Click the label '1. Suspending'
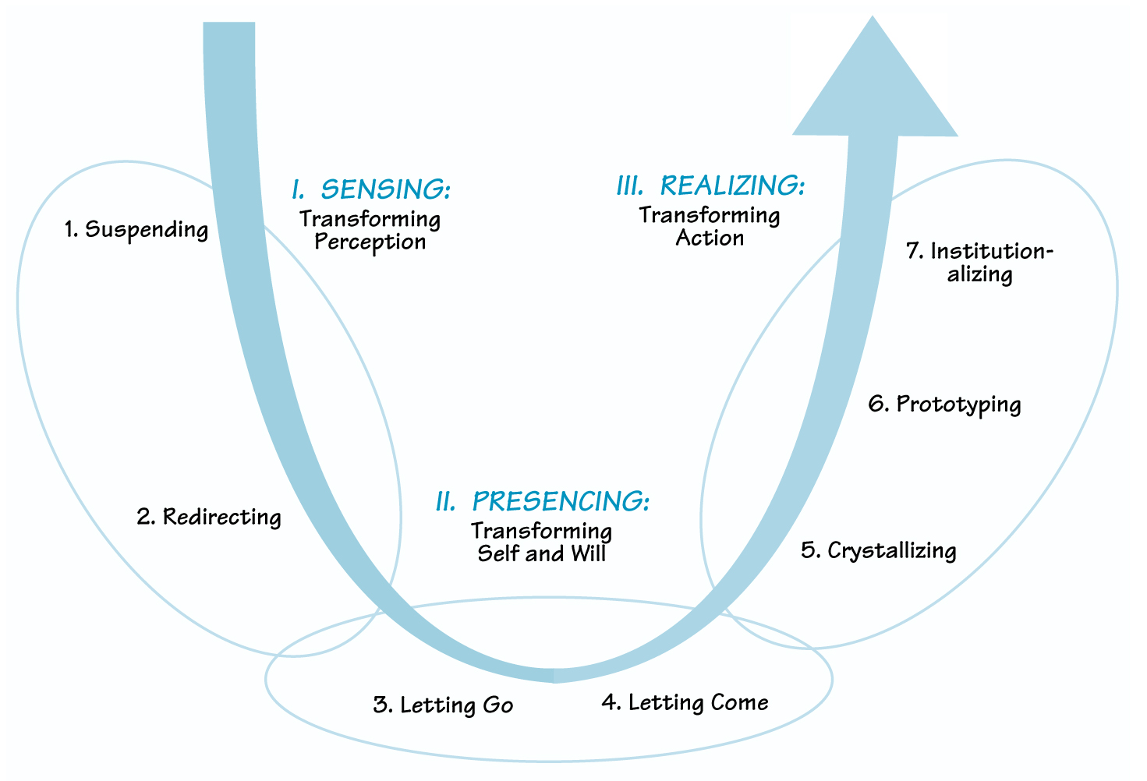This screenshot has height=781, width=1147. pyautogui.click(x=136, y=230)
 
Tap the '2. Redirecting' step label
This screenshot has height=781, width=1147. pyautogui.click(x=209, y=517)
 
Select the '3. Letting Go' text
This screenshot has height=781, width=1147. pyautogui.click(x=443, y=705)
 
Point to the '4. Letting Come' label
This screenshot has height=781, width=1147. pyautogui.click(x=685, y=703)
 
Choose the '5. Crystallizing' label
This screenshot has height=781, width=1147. pyautogui.click(x=878, y=550)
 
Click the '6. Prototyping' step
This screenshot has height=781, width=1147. pyautogui.click(x=944, y=405)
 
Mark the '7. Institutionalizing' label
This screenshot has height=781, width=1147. pyautogui.click(x=979, y=263)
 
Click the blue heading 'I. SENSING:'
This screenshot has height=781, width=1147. pyautogui.click(x=371, y=189)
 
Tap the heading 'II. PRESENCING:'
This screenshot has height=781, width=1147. pyautogui.click(x=542, y=501)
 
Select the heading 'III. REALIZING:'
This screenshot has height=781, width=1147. pyautogui.click(x=710, y=186)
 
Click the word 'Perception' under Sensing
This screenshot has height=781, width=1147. pyautogui.click(x=370, y=242)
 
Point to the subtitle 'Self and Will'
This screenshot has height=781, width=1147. pyautogui.click(x=541, y=553)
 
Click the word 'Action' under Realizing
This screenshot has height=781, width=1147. pyautogui.click(x=710, y=238)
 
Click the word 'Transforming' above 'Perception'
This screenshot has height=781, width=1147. pyautogui.click(x=370, y=219)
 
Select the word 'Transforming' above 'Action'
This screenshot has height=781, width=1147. pyautogui.click(x=710, y=214)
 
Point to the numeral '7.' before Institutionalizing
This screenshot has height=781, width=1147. pyautogui.click(x=915, y=252)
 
